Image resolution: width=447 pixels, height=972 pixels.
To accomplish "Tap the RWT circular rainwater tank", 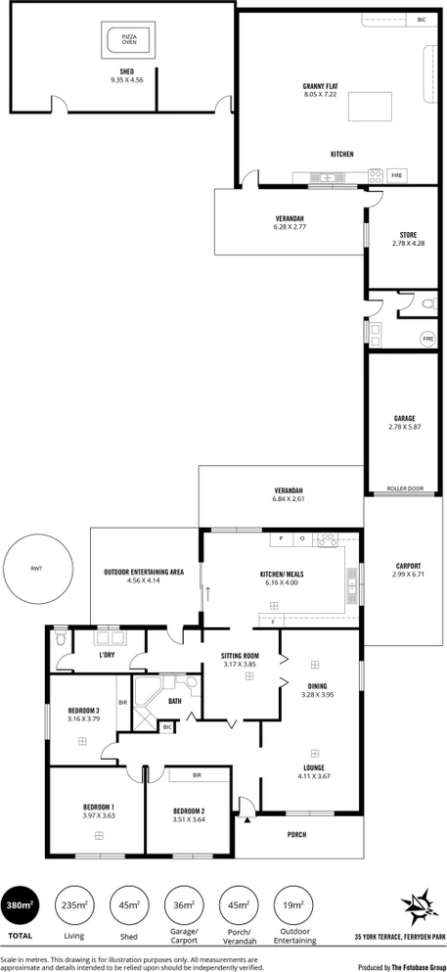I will tap(37, 570).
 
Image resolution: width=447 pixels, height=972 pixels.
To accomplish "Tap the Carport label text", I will tap(409, 566).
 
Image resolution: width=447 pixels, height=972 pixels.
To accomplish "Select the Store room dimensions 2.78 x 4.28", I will tap(408, 243).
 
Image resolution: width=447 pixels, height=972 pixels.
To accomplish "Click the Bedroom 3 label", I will tap(84, 710).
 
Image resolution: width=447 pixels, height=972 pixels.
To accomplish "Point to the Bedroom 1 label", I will tap(99, 807).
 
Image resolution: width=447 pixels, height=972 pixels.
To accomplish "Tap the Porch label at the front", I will tap(296, 834).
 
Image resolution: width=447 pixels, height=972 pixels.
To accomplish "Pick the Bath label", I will tap(175, 701).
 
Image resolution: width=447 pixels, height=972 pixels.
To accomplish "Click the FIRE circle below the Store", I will tap(427, 339).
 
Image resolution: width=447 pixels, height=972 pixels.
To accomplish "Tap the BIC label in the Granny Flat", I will tap(422, 20).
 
